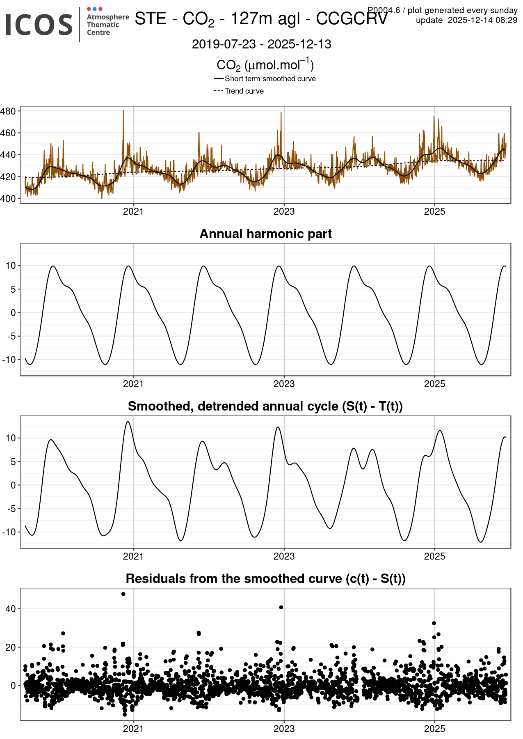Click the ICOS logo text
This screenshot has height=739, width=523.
[x=39, y=25]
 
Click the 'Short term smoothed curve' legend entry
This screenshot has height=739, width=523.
[x=270, y=79]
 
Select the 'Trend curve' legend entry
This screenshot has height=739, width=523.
[x=244, y=91]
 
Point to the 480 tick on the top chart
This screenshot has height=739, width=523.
[x=8, y=111]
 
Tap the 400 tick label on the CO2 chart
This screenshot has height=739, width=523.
[x=8, y=199]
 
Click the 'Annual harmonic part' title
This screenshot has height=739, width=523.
[x=265, y=234]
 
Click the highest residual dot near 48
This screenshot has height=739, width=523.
[x=123, y=594]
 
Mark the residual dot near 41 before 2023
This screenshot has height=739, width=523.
[x=281, y=607]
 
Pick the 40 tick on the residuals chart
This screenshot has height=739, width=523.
[x=11, y=609]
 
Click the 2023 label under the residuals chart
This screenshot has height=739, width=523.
[x=284, y=729]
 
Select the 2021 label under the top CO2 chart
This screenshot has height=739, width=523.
[x=133, y=211]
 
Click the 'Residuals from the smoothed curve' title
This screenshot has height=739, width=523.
[x=265, y=578]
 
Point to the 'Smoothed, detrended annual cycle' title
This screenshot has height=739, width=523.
[x=265, y=406]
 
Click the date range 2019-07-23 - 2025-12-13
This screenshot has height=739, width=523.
[x=261, y=44]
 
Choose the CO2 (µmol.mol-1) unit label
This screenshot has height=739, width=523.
[x=265, y=65]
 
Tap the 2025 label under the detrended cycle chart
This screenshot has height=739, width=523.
[x=434, y=556]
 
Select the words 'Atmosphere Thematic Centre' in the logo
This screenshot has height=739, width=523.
[x=107, y=25]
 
